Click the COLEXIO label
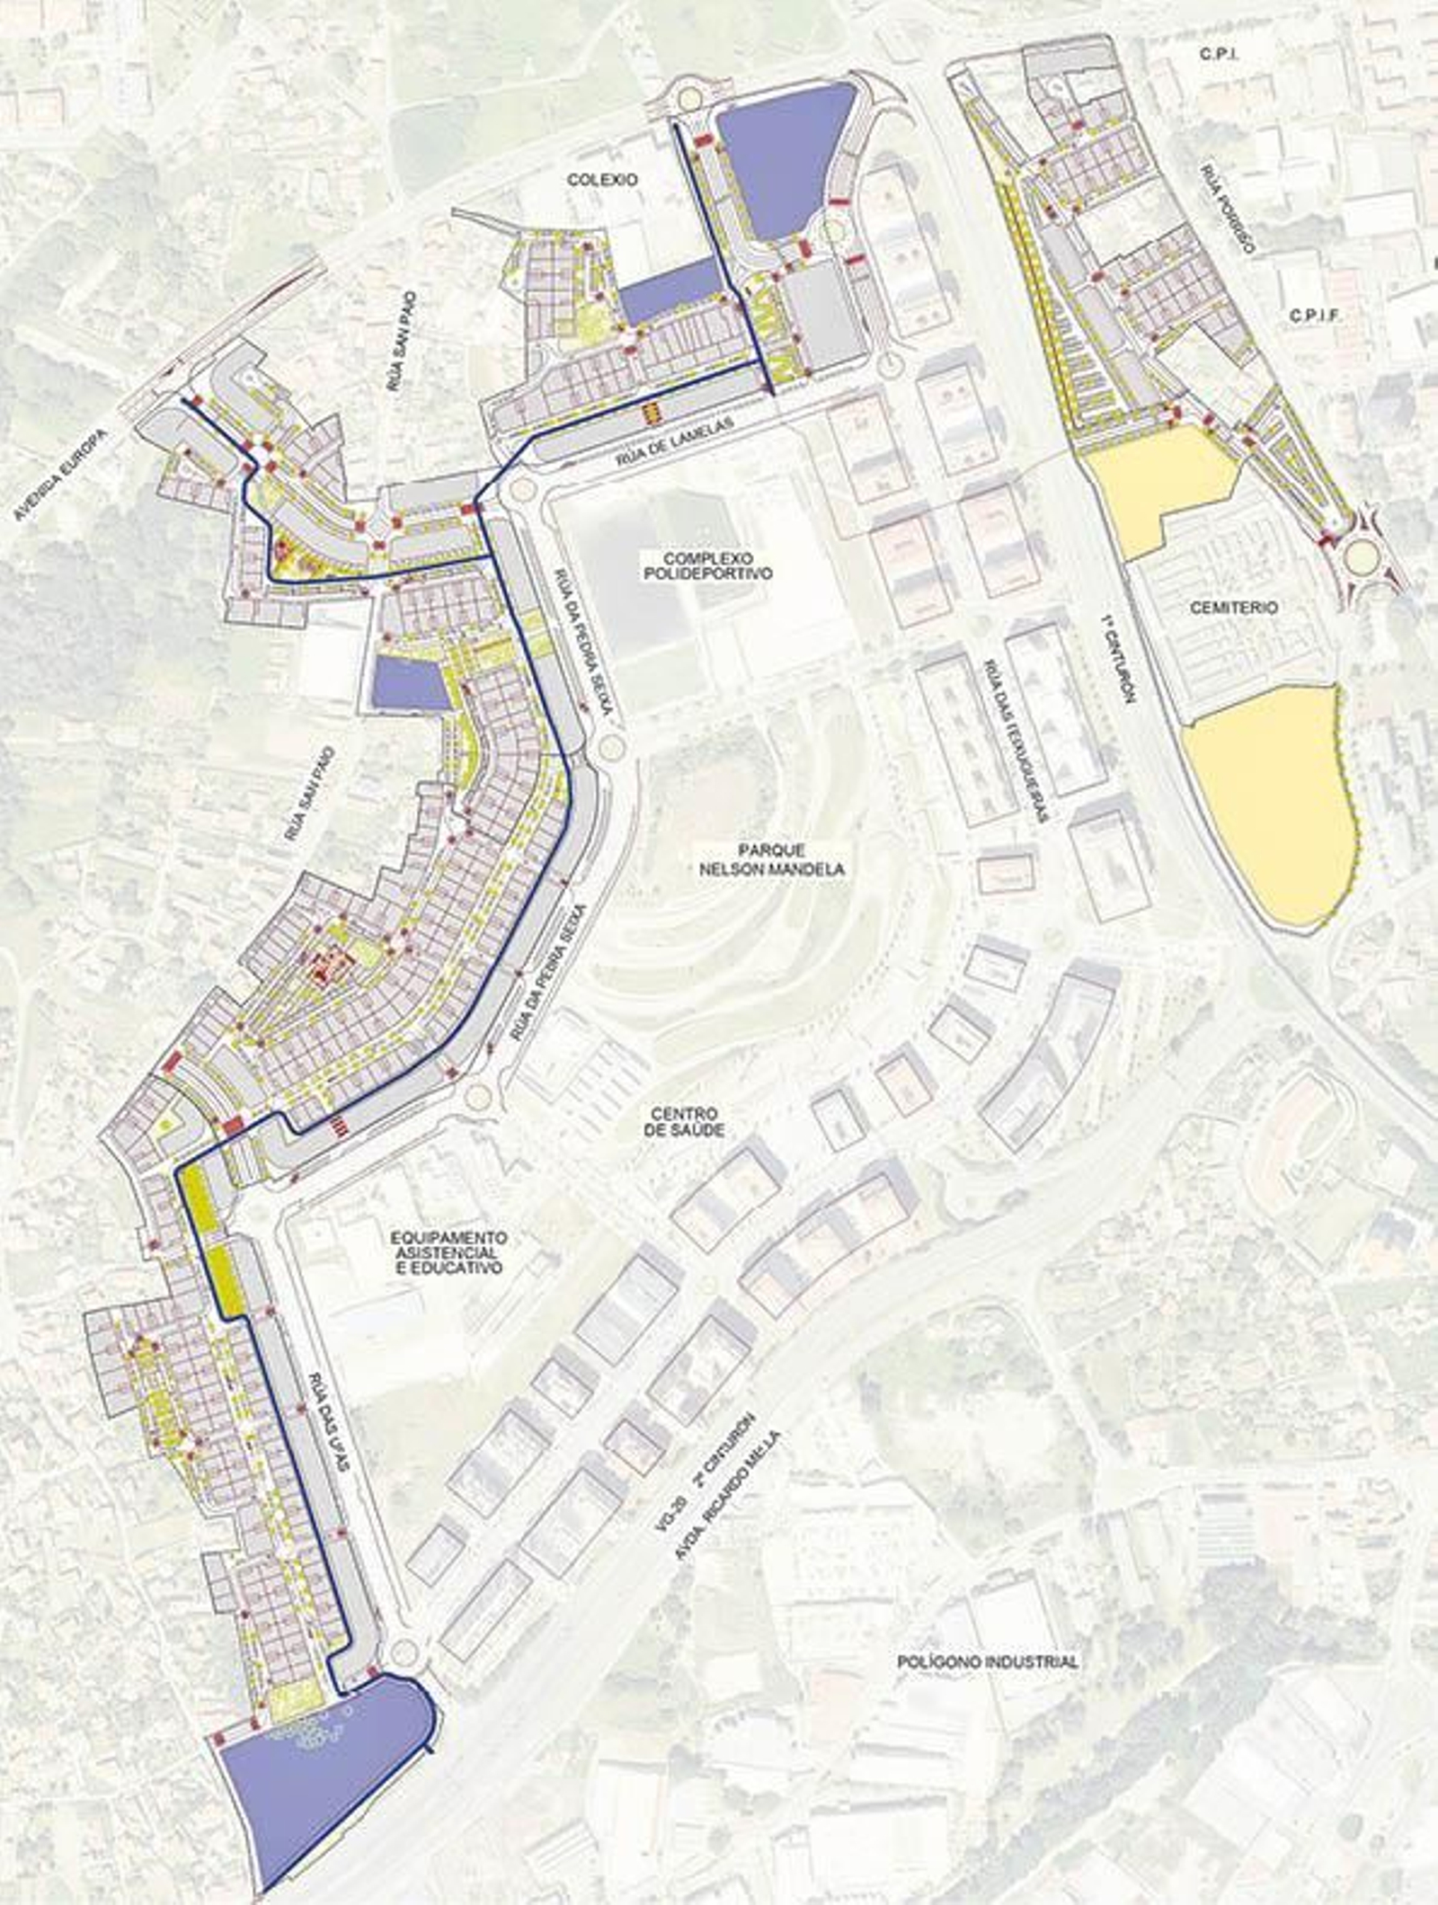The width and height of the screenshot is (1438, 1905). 602,180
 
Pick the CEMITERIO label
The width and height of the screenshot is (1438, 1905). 1233,608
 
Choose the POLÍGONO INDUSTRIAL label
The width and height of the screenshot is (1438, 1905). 987,1662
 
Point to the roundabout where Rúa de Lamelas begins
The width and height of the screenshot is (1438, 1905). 521,491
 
